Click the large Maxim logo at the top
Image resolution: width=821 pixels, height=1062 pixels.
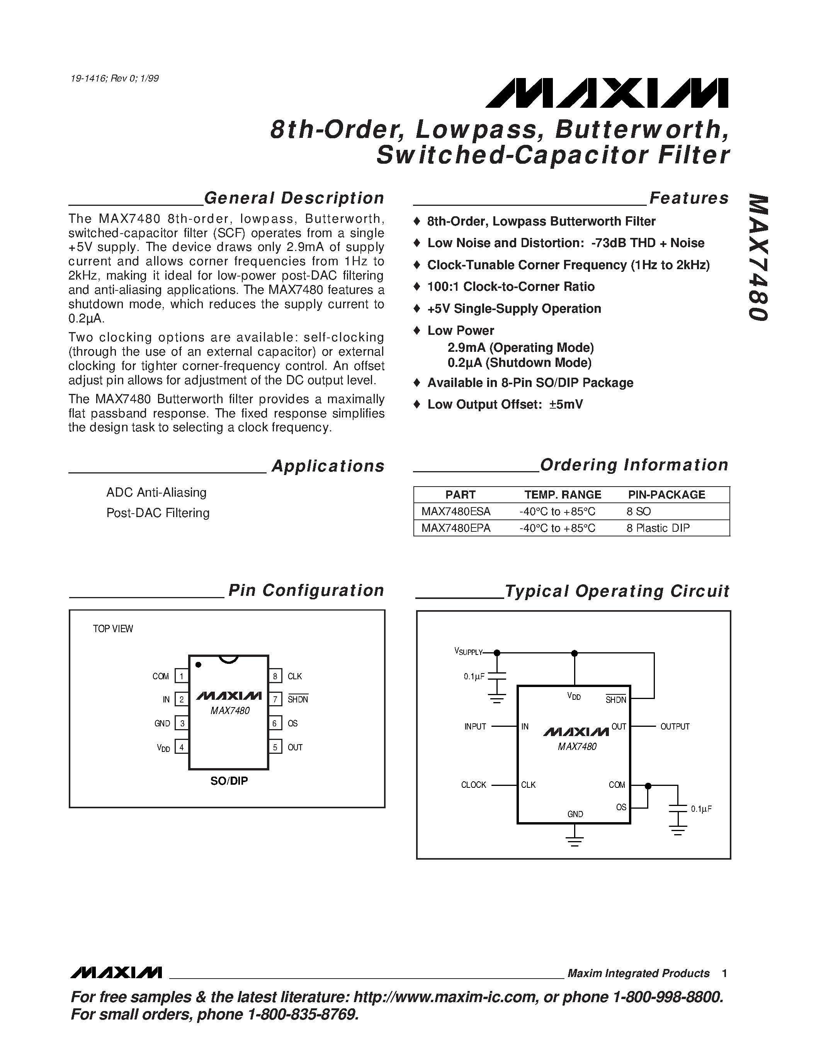[x=607, y=92]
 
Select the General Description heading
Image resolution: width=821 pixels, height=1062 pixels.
[x=294, y=198]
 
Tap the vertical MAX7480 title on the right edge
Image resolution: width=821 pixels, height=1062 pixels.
[x=758, y=258]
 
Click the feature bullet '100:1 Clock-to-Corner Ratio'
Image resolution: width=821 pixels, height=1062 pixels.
[x=510, y=287]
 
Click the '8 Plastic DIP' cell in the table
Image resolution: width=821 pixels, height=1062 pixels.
[x=658, y=528]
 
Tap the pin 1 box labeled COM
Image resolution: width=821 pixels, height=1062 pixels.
[x=182, y=676]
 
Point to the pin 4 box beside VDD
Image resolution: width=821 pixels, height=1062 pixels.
[x=182, y=747]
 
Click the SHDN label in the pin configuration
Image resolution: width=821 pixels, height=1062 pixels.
[x=297, y=699]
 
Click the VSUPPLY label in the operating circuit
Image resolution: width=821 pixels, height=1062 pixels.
[x=468, y=652]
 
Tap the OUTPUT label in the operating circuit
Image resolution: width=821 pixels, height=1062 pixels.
[x=675, y=726]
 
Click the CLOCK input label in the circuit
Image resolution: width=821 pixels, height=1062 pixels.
[x=473, y=785]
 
